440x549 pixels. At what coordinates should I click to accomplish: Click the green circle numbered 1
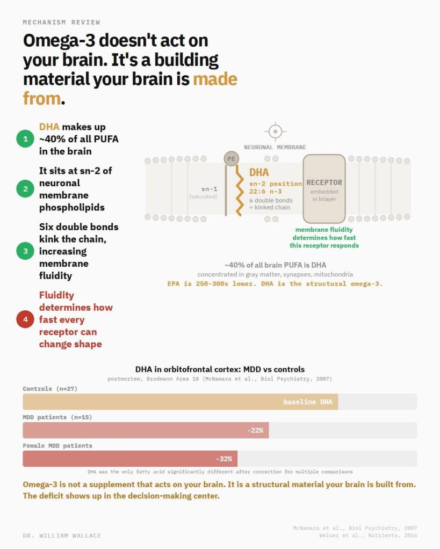point(25,138)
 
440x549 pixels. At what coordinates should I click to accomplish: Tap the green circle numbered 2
point(25,189)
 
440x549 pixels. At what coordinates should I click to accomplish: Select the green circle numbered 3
point(25,251)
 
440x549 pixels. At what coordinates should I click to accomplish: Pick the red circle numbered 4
point(25,319)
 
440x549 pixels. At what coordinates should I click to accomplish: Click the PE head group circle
point(232,159)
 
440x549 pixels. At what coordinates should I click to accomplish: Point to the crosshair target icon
point(275,131)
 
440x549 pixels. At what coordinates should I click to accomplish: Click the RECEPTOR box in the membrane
point(324,189)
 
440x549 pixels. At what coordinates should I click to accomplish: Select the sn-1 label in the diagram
point(210,189)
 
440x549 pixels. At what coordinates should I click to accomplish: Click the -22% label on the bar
point(255,430)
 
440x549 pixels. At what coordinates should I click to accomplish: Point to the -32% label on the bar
point(223,459)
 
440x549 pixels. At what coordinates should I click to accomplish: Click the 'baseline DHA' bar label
point(308,402)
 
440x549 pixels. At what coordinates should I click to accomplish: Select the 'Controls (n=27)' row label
point(50,389)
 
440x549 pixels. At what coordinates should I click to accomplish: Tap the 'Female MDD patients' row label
point(57,446)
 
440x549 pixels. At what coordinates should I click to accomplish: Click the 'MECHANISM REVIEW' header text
point(61,22)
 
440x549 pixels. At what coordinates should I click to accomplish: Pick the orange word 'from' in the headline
point(42,98)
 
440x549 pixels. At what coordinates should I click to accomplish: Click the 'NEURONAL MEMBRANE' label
point(275,147)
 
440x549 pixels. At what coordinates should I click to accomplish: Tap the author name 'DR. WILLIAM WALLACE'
point(62,536)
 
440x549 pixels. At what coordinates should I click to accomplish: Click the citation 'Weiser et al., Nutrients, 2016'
point(368,536)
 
